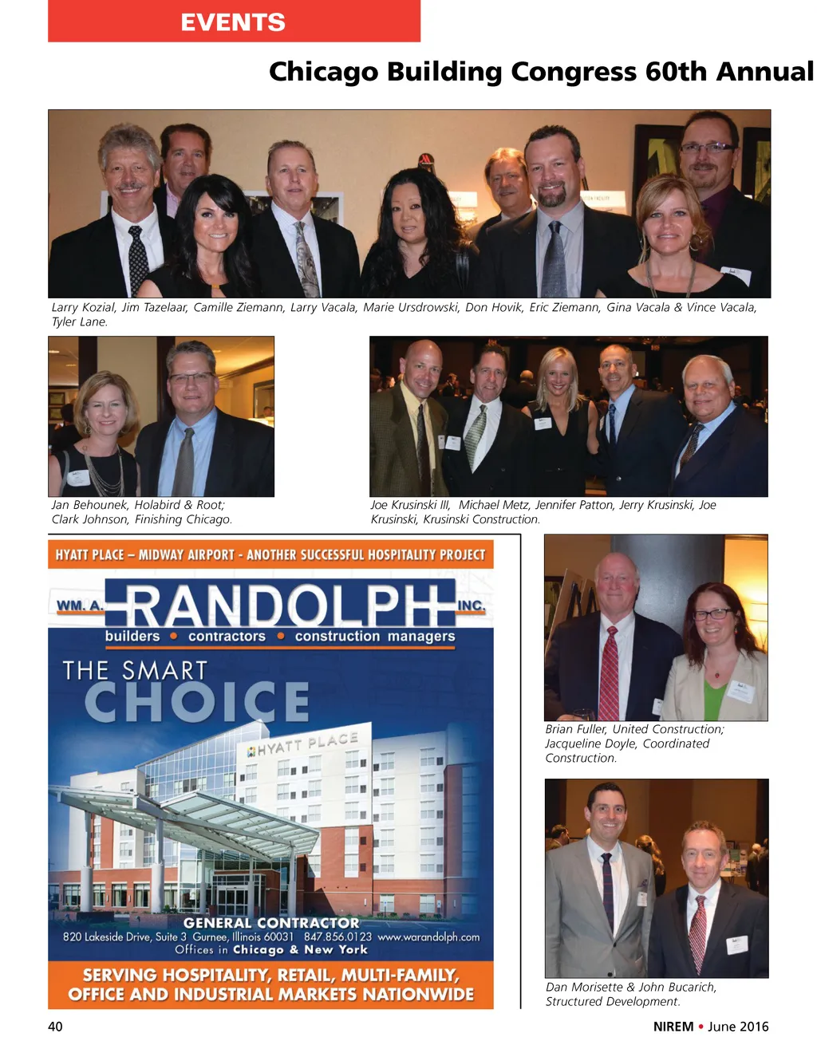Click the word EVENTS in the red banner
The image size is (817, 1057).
coord(232,22)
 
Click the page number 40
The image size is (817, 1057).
coord(55,1027)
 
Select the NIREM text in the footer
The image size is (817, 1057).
coord(673,1027)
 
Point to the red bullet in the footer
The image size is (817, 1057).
coord(701,1027)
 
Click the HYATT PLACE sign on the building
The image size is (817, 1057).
coord(302,744)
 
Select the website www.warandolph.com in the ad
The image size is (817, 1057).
coord(428,937)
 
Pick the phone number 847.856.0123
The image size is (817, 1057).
coord(337,937)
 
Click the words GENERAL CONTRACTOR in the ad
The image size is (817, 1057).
coord(271,922)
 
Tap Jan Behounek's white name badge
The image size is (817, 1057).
coord(78,478)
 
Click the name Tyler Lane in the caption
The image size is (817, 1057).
coord(79,322)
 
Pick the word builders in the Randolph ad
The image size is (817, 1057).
coord(132,636)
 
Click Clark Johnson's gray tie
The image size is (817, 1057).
coord(185,463)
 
